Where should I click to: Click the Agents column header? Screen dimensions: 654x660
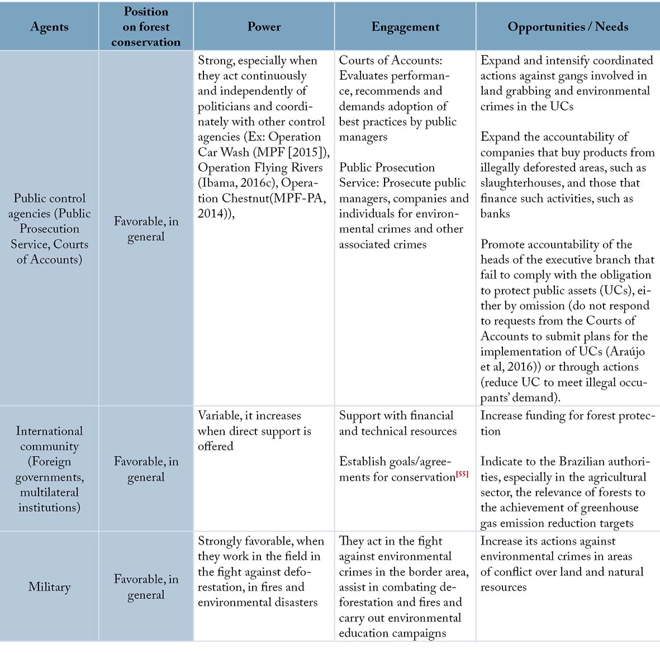coord(49,27)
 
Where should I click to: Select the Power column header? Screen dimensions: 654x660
coord(264,27)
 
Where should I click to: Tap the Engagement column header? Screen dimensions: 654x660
coord(405,27)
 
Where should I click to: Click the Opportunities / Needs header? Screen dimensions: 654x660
coord(568,27)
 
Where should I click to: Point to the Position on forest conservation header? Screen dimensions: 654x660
coord(146,27)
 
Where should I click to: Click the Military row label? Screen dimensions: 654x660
coord(49,587)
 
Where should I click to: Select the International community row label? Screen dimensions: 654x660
coord(49,469)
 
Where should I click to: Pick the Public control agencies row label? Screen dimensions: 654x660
coord(49,228)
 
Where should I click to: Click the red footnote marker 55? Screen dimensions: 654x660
coord(462,474)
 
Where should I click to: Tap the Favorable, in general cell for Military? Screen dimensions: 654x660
coord(146,586)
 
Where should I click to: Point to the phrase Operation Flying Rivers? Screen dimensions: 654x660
coord(260,167)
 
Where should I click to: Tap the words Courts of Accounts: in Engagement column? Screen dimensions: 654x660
coord(390,60)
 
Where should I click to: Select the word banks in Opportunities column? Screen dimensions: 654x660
coord(495,213)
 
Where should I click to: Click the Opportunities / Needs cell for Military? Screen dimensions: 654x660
coord(562,564)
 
